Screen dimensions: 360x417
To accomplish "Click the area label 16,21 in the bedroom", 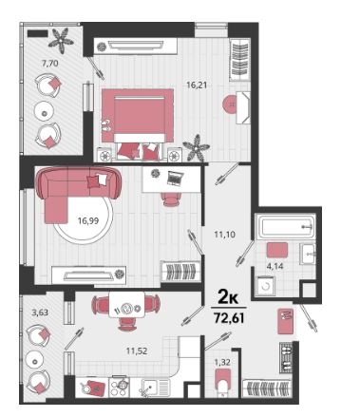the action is (199, 85).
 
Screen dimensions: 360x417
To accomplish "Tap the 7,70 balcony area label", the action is (50, 64).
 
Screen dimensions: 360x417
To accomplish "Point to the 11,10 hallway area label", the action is (224, 235).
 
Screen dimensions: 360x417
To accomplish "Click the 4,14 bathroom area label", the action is (275, 266).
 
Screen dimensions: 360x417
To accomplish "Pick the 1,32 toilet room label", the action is (222, 363).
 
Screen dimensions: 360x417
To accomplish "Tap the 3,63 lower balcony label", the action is (40, 313).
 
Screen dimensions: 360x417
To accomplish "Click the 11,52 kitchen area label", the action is (137, 351).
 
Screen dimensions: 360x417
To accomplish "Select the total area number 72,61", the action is (229, 318).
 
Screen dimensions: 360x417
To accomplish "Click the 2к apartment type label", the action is (228, 297).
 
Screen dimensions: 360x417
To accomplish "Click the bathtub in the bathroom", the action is (287, 226).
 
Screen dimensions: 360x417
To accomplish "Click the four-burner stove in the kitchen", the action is (119, 387).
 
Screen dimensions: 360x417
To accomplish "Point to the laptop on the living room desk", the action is (174, 178).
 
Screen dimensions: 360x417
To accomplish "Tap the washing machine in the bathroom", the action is (265, 286).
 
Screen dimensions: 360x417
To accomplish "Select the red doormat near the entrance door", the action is (285, 322).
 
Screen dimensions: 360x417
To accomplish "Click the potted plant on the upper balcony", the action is (61, 39).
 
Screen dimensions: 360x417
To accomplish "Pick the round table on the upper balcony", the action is (45, 111).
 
